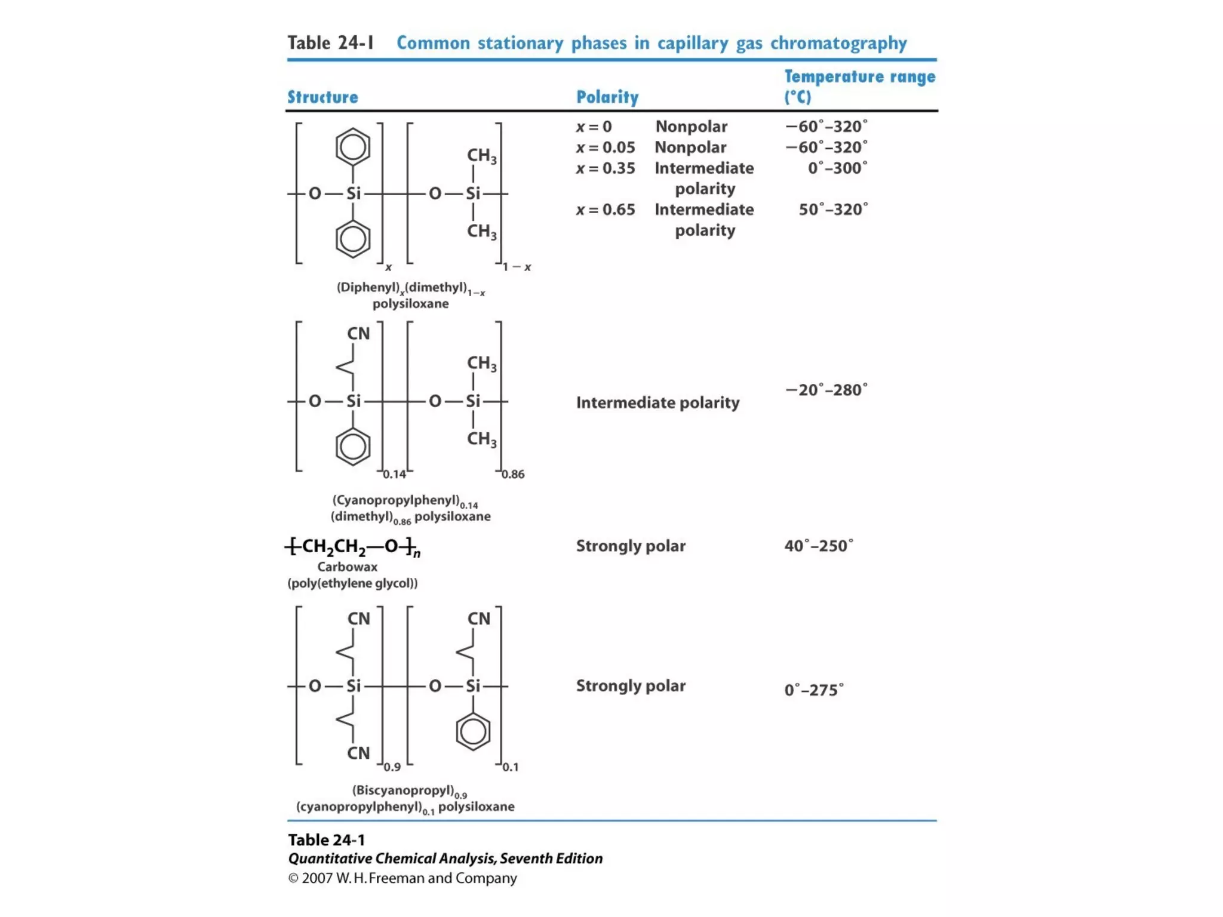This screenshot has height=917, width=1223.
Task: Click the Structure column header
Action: [322, 97]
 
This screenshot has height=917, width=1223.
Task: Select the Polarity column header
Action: [607, 97]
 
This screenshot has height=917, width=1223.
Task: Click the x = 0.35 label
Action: [605, 168]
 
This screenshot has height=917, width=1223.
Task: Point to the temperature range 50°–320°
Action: [833, 210]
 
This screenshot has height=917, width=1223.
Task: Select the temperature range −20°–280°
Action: [826, 390]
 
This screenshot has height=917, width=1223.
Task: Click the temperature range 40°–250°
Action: [818, 546]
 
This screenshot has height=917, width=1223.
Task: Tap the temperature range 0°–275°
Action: [813, 690]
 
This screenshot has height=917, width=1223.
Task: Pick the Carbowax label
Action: [347, 567]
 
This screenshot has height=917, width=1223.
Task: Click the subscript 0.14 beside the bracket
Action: [394, 475]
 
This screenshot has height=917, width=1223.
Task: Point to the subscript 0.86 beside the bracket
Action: [513, 475]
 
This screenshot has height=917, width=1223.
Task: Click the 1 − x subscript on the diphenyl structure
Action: [517, 267]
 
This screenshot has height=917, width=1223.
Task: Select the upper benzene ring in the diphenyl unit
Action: [352, 147]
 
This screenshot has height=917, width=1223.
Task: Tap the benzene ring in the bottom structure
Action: [473, 731]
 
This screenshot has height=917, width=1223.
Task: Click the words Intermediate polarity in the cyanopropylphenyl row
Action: [657, 402]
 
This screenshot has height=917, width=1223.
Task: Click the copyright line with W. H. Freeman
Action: [402, 878]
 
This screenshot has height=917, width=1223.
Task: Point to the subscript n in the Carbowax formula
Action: [417, 553]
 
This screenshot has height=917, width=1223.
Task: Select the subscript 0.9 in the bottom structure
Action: [392, 767]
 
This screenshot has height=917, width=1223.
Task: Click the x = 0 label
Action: [594, 127]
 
